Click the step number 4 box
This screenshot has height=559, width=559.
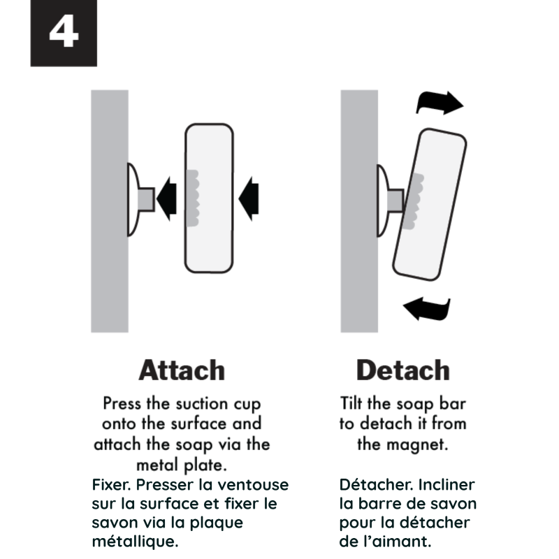[x=64, y=33]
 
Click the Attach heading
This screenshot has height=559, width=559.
[x=182, y=370]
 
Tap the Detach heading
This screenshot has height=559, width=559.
[x=403, y=370]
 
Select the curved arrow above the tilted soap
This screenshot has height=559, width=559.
[x=440, y=102]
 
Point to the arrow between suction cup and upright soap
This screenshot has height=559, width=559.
[x=166, y=199]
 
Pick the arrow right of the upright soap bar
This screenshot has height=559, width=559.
[x=249, y=199]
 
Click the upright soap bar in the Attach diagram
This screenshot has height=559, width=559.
[x=209, y=198]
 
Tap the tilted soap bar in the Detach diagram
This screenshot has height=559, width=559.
[x=430, y=205]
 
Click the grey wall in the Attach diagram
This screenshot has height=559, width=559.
[x=110, y=211]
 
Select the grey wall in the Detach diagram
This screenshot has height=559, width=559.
[x=359, y=211]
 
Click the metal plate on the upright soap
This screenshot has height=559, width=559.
[x=193, y=198]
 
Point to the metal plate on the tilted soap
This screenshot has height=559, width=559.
[x=414, y=201]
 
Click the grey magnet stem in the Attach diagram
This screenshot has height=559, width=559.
[x=146, y=199]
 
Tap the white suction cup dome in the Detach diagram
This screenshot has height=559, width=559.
[x=383, y=201]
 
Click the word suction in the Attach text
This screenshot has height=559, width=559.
[x=201, y=404]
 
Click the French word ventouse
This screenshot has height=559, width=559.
[x=253, y=485]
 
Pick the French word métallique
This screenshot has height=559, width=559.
[x=135, y=542]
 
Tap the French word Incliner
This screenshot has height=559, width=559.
[x=446, y=485]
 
